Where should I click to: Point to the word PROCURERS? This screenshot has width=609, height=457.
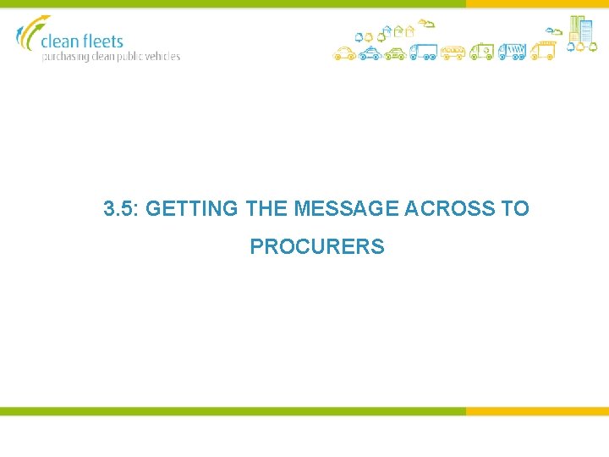[x=317, y=247]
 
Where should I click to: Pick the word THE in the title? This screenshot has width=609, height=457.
[x=266, y=208]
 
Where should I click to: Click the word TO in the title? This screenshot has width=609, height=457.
[x=515, y=208]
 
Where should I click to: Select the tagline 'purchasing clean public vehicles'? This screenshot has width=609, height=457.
[x=111, y=57]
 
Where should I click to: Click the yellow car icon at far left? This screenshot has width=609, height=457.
[x=343, y=54]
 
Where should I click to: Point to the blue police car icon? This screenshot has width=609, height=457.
[x=369, y=54]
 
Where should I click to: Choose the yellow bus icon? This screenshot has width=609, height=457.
[x=453, y=53]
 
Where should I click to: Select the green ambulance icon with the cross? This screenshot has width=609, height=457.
[x=482, y=52]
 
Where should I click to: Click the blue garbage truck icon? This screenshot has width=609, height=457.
[x=512, y=52]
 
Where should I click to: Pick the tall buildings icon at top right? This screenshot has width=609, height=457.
[x=581, y=29]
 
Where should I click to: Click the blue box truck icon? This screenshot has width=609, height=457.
[x=423, y=52]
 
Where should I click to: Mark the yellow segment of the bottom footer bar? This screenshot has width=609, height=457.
[x=536, y=411]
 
